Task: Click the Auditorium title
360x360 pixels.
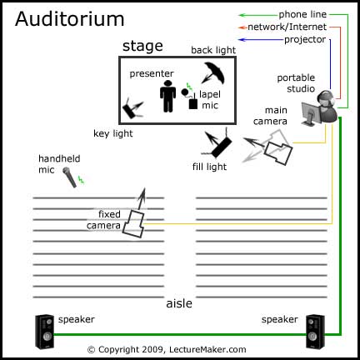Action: click(57, 17)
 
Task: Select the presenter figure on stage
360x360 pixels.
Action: click(168, 96)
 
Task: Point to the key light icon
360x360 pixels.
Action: click(132, 107)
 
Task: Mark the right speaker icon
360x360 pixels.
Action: click(314, 331)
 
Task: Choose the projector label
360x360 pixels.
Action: click(306, 39)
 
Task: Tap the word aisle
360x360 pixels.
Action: click(180, 303)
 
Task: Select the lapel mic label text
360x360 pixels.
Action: click(209, 100)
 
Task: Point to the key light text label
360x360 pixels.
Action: click(113, 132)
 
